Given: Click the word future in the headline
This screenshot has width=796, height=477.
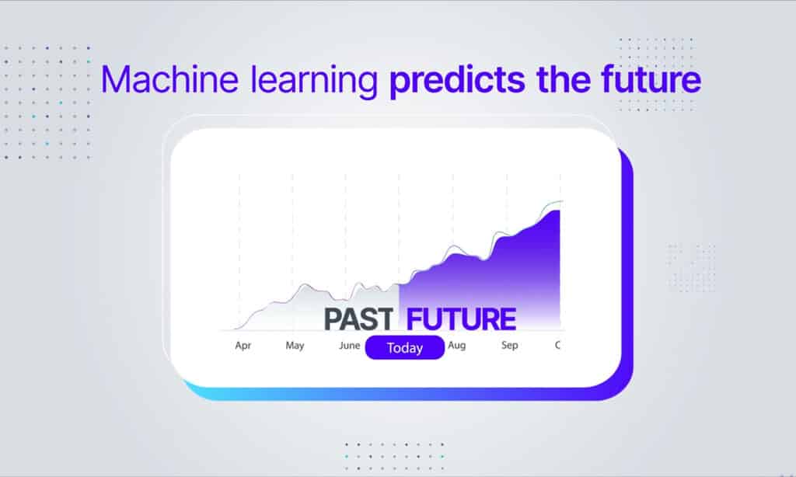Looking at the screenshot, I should [651, 80].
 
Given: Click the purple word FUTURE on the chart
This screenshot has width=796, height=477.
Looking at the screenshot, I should [461, 319].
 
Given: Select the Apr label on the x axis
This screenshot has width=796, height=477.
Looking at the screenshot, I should [243, 346].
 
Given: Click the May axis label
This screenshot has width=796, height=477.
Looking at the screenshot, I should [295, 346].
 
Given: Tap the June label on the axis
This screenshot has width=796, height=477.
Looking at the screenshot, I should [350, 346].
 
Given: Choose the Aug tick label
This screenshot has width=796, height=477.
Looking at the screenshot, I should [457, 346].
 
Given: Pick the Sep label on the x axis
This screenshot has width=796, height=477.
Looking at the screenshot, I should [509, 346].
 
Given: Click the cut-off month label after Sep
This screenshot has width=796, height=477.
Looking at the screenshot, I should [558, 346].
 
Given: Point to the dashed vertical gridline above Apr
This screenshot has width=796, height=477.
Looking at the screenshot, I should [239, 249].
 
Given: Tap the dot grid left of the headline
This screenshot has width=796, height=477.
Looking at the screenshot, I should [47, 102].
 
